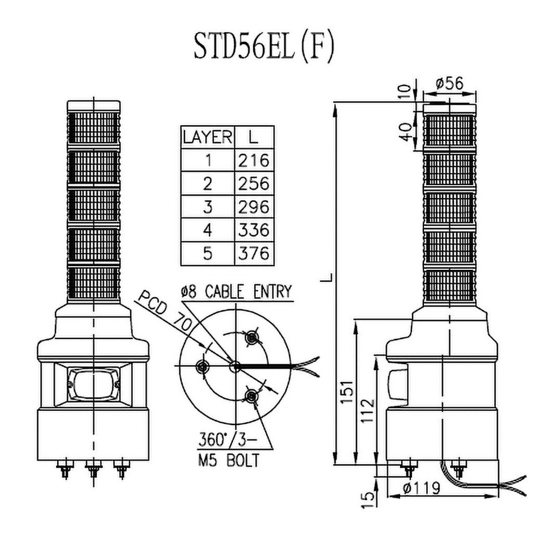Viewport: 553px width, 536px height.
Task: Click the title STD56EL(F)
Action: pos(264,48)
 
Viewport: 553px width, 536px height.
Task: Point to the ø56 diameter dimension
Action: pos(449,84)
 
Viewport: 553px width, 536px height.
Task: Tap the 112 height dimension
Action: pos(368,411)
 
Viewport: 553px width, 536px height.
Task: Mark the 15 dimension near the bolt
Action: pos(368,499)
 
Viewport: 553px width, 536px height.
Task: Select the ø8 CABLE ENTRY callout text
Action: pos(235,291)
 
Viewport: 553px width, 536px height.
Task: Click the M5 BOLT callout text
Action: pos(227,461)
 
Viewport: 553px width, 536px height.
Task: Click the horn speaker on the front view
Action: pos(93,384)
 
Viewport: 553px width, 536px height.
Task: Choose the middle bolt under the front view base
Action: pos(94,469)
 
